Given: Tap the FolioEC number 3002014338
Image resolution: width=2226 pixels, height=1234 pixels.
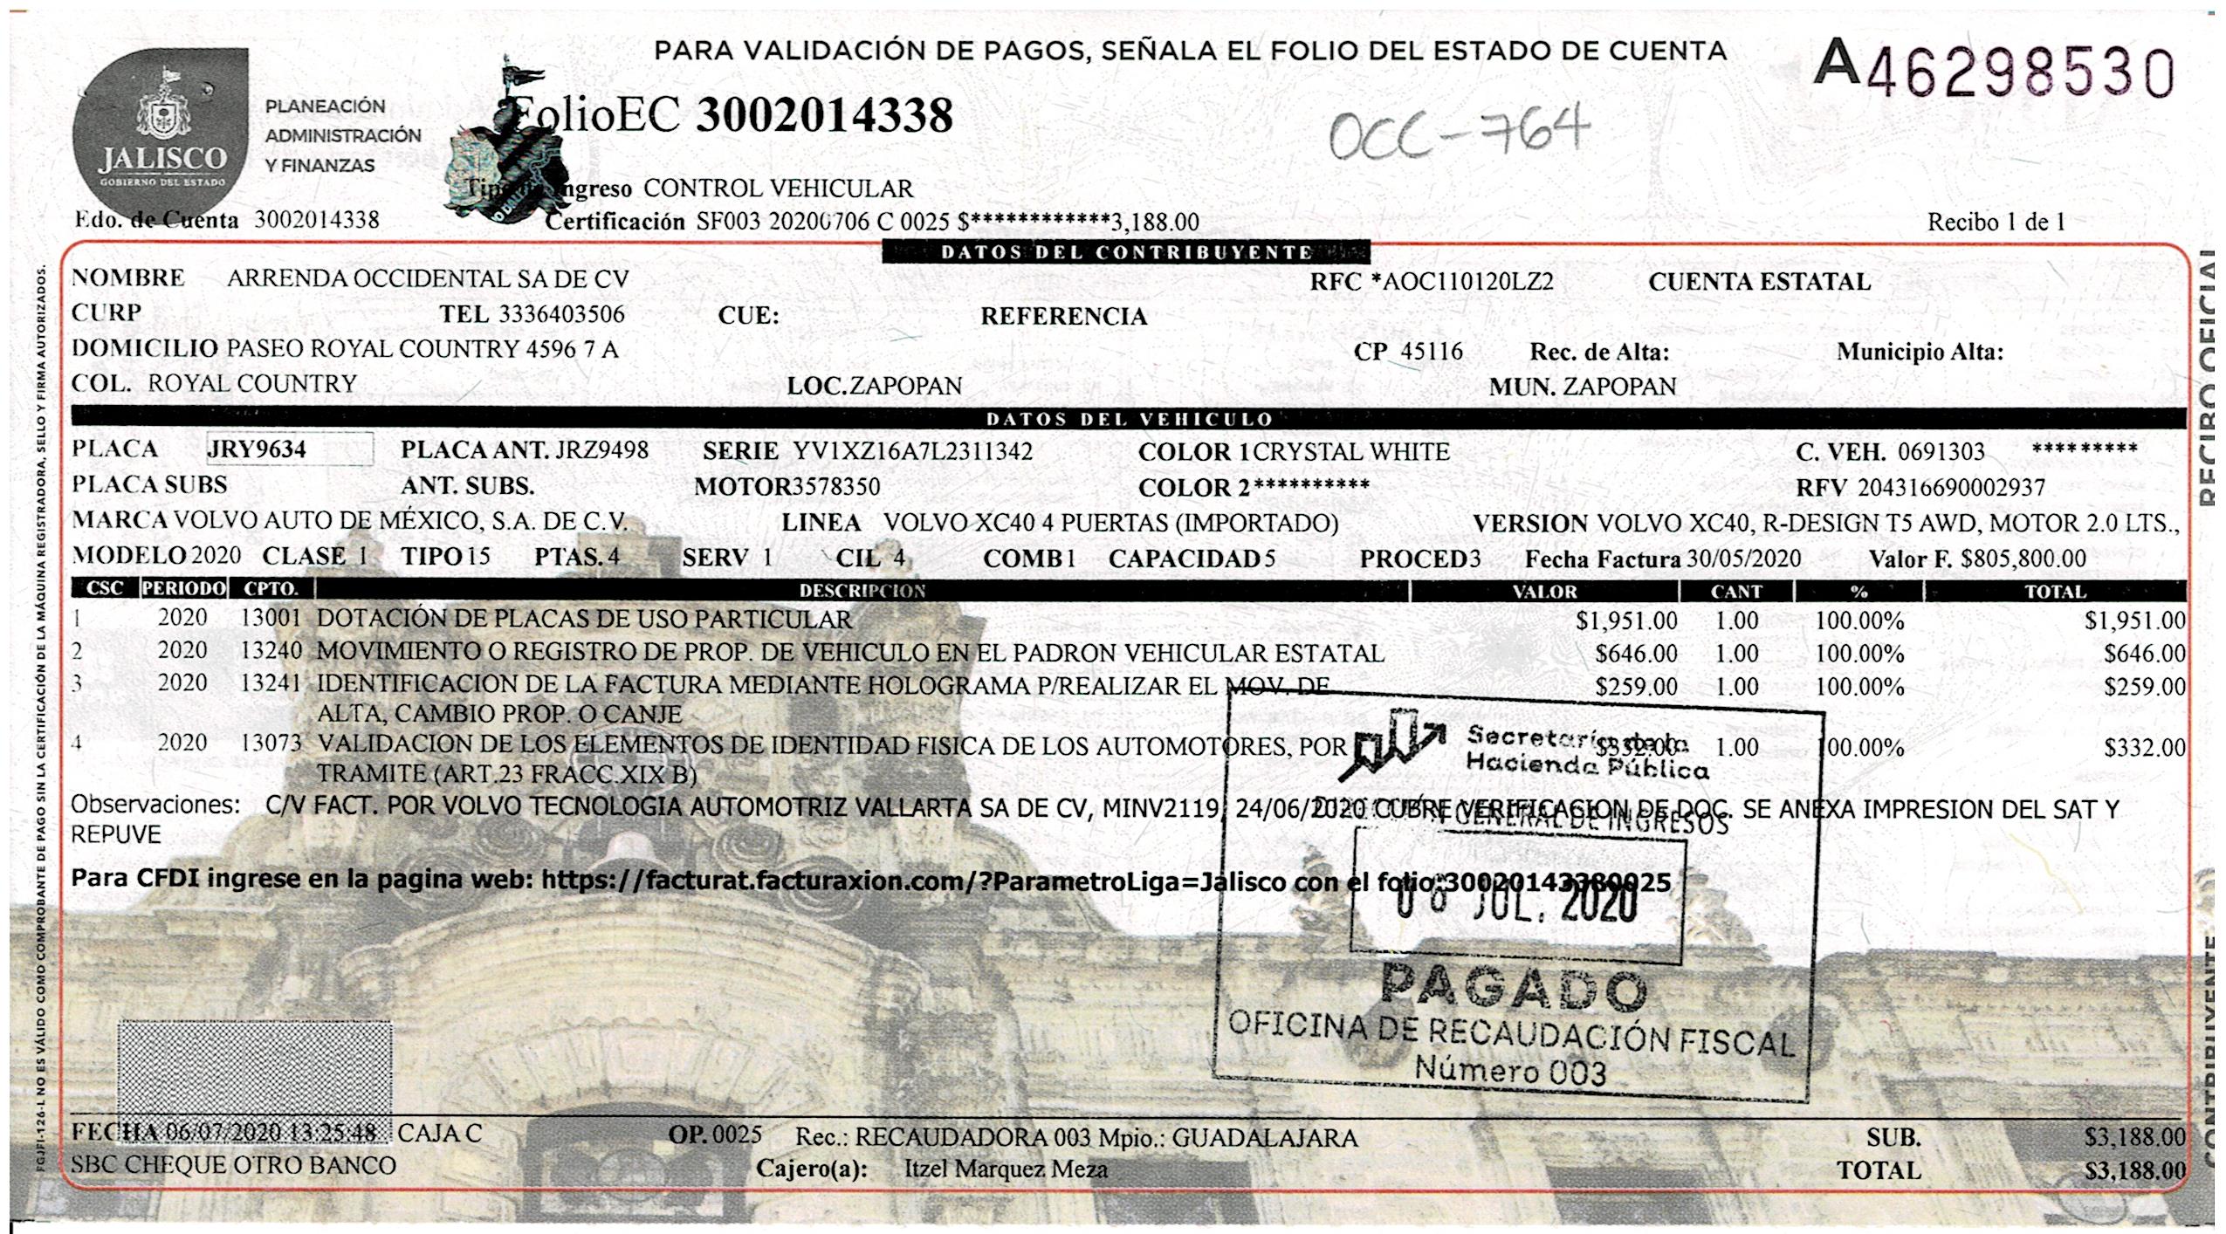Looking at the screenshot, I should point(823,116).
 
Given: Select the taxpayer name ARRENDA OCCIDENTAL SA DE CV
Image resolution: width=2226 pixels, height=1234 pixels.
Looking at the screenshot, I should point(428,279).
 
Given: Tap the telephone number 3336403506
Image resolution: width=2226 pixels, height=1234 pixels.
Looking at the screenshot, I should point(561,314).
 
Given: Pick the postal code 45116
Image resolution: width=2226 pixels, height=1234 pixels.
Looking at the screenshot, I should point(1432,352).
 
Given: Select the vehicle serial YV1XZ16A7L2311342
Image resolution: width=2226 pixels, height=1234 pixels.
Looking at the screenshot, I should point(912,451).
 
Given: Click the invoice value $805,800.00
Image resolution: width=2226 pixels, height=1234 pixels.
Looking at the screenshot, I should point(2023,559).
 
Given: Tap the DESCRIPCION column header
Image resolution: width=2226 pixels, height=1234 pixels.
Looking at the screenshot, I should point(862,591).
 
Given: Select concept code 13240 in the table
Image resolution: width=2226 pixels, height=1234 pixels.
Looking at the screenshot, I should point(271,651).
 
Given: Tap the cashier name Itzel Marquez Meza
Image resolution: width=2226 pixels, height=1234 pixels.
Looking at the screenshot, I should point(1006,1169).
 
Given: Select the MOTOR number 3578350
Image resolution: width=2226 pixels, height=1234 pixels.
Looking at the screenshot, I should point(835,487).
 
